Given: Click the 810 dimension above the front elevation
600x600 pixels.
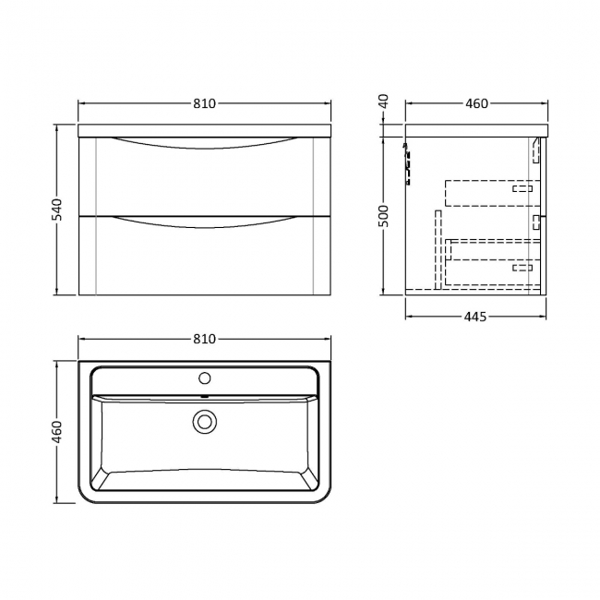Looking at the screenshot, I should click(204, 103).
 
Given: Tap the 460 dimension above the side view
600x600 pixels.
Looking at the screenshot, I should click(476, 103).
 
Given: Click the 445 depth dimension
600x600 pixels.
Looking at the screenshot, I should click(474, 317).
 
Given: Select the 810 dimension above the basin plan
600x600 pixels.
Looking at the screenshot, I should click(204, 339).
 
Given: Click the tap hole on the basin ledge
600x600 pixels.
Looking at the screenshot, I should click(204, 378).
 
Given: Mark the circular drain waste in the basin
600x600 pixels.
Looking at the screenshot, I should click(204, 422).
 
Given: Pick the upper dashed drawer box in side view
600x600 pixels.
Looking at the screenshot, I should click(490, 192).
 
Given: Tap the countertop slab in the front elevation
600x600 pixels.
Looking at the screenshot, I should click(204, 129).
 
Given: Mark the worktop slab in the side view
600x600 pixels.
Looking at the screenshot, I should click(476, 129).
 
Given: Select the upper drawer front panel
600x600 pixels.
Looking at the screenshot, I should click(204, 180).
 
